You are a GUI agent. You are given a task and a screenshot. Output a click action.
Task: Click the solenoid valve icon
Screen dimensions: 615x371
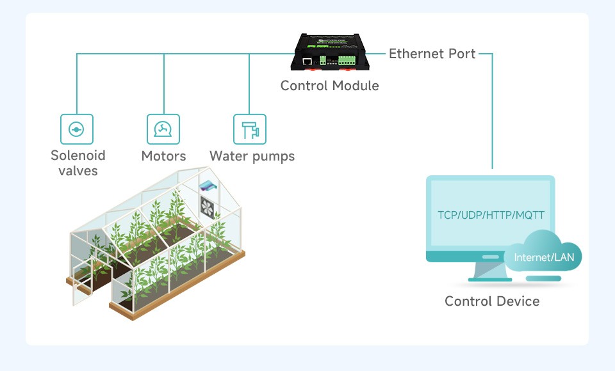pos(77,129)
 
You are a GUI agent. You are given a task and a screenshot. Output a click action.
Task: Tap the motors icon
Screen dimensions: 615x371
pos(163,129)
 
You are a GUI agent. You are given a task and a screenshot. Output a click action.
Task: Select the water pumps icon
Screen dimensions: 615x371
pos(250,129)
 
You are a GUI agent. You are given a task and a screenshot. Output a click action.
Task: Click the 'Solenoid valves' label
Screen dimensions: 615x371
pos(78,163)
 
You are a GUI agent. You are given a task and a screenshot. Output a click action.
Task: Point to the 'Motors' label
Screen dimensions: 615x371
pos(163,156)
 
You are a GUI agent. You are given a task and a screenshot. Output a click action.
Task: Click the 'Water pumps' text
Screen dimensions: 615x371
pos(252,156)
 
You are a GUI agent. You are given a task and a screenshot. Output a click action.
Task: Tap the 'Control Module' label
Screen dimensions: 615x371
pos(330,86)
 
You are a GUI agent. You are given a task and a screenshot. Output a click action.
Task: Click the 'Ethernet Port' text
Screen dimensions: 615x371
pos(432,54)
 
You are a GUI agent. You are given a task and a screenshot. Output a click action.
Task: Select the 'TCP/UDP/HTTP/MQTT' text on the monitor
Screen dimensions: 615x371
pos(491,215)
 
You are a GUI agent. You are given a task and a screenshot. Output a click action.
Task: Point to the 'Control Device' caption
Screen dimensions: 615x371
pos(492,301)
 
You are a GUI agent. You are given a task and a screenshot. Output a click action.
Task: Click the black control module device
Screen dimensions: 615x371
pos(330,52)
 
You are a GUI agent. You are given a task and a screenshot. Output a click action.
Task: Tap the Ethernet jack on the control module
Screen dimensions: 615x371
pos(307,61)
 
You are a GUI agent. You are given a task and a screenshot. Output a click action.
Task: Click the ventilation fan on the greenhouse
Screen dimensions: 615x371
pos(207,208)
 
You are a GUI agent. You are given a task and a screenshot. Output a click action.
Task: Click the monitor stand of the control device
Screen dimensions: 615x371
pos(490,271)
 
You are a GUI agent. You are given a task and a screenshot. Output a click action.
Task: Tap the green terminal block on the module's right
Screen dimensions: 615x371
pos(347,60)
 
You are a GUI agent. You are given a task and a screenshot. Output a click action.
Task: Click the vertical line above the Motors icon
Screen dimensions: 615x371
pos(163,84)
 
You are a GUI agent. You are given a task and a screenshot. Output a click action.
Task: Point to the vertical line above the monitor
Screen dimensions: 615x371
pos(492,111)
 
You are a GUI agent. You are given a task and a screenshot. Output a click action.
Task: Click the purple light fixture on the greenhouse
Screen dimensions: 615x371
pos(208,185)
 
